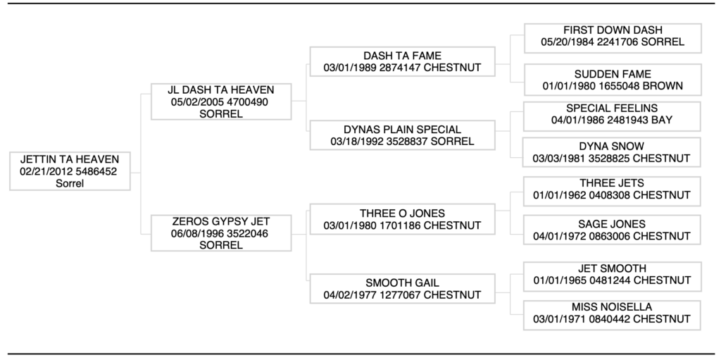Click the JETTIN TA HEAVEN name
(70, 159)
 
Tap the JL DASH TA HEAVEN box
(221, 101)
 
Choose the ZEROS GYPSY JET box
(221, 233)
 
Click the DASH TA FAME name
(402, 56)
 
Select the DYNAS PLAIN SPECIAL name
(402, 130)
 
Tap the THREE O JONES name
(402, 213)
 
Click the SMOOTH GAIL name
(402, 283)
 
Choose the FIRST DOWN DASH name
(613, 30)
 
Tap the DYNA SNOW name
(612, 147)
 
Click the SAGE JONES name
(612, 224)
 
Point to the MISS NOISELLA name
(612, 307)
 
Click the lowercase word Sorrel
(70, 183)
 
